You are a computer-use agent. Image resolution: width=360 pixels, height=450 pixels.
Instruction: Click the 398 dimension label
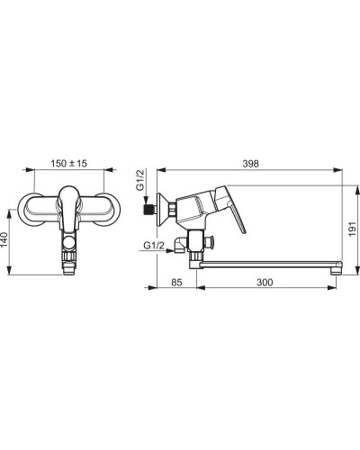click(250, 164)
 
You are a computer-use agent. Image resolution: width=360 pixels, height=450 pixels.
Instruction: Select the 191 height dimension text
click(352, 229)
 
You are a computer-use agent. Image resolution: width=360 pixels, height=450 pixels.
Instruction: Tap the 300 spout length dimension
click(265, 283)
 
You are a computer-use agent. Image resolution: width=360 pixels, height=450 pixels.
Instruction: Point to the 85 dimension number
click(176, 283)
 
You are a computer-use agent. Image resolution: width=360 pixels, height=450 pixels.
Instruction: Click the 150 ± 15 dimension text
click(68, 164)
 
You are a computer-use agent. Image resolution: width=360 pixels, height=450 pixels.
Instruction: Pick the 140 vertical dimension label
click(4, 239)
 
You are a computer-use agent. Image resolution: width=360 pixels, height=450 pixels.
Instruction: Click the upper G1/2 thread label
click(140, 180)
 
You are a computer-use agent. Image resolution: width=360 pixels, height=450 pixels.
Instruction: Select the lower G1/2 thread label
click(154, 246)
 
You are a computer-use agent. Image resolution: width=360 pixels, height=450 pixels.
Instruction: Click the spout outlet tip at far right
click(337, 268)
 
